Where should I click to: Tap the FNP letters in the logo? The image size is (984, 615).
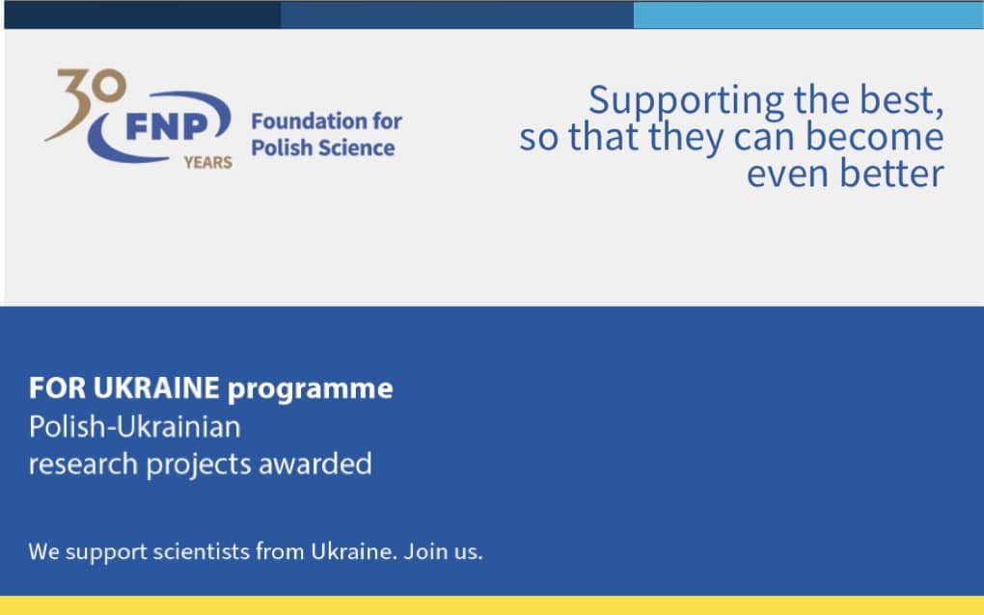[x=167, y=127]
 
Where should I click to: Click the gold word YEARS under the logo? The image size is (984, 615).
[x=208, y=163]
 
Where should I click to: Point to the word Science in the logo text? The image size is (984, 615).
[x=359, y=147]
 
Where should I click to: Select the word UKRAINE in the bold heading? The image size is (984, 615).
[x=156, y=388]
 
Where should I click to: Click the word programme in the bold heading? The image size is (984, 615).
[x=311, y=390]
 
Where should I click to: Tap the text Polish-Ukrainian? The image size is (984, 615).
[x=135, y=427]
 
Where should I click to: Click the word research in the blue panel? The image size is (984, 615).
[x=84, y=465]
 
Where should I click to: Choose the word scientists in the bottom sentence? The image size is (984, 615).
[x=202, y=551]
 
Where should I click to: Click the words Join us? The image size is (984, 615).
[x=443, y=551]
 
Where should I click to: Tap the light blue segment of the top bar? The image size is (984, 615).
[x=808, y=15]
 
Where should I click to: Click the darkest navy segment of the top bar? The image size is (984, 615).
[x=143, y=15]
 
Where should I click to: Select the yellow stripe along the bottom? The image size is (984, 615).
[x=492, y=605]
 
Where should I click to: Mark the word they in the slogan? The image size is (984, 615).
[x=686, y=138]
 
